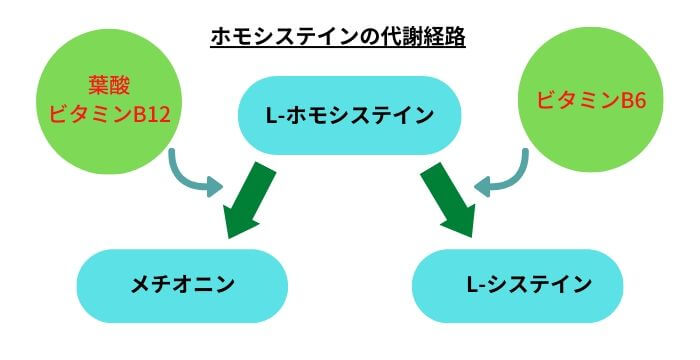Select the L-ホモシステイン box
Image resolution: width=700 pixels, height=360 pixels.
tap(349, 116)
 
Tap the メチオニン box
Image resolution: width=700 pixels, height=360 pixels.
tap(182, 285)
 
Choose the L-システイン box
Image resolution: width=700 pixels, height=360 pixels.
tap(517, 285)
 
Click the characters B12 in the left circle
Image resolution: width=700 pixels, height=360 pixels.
tap(153, 115)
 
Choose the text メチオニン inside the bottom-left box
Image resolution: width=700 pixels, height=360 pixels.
tap(182, 285)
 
